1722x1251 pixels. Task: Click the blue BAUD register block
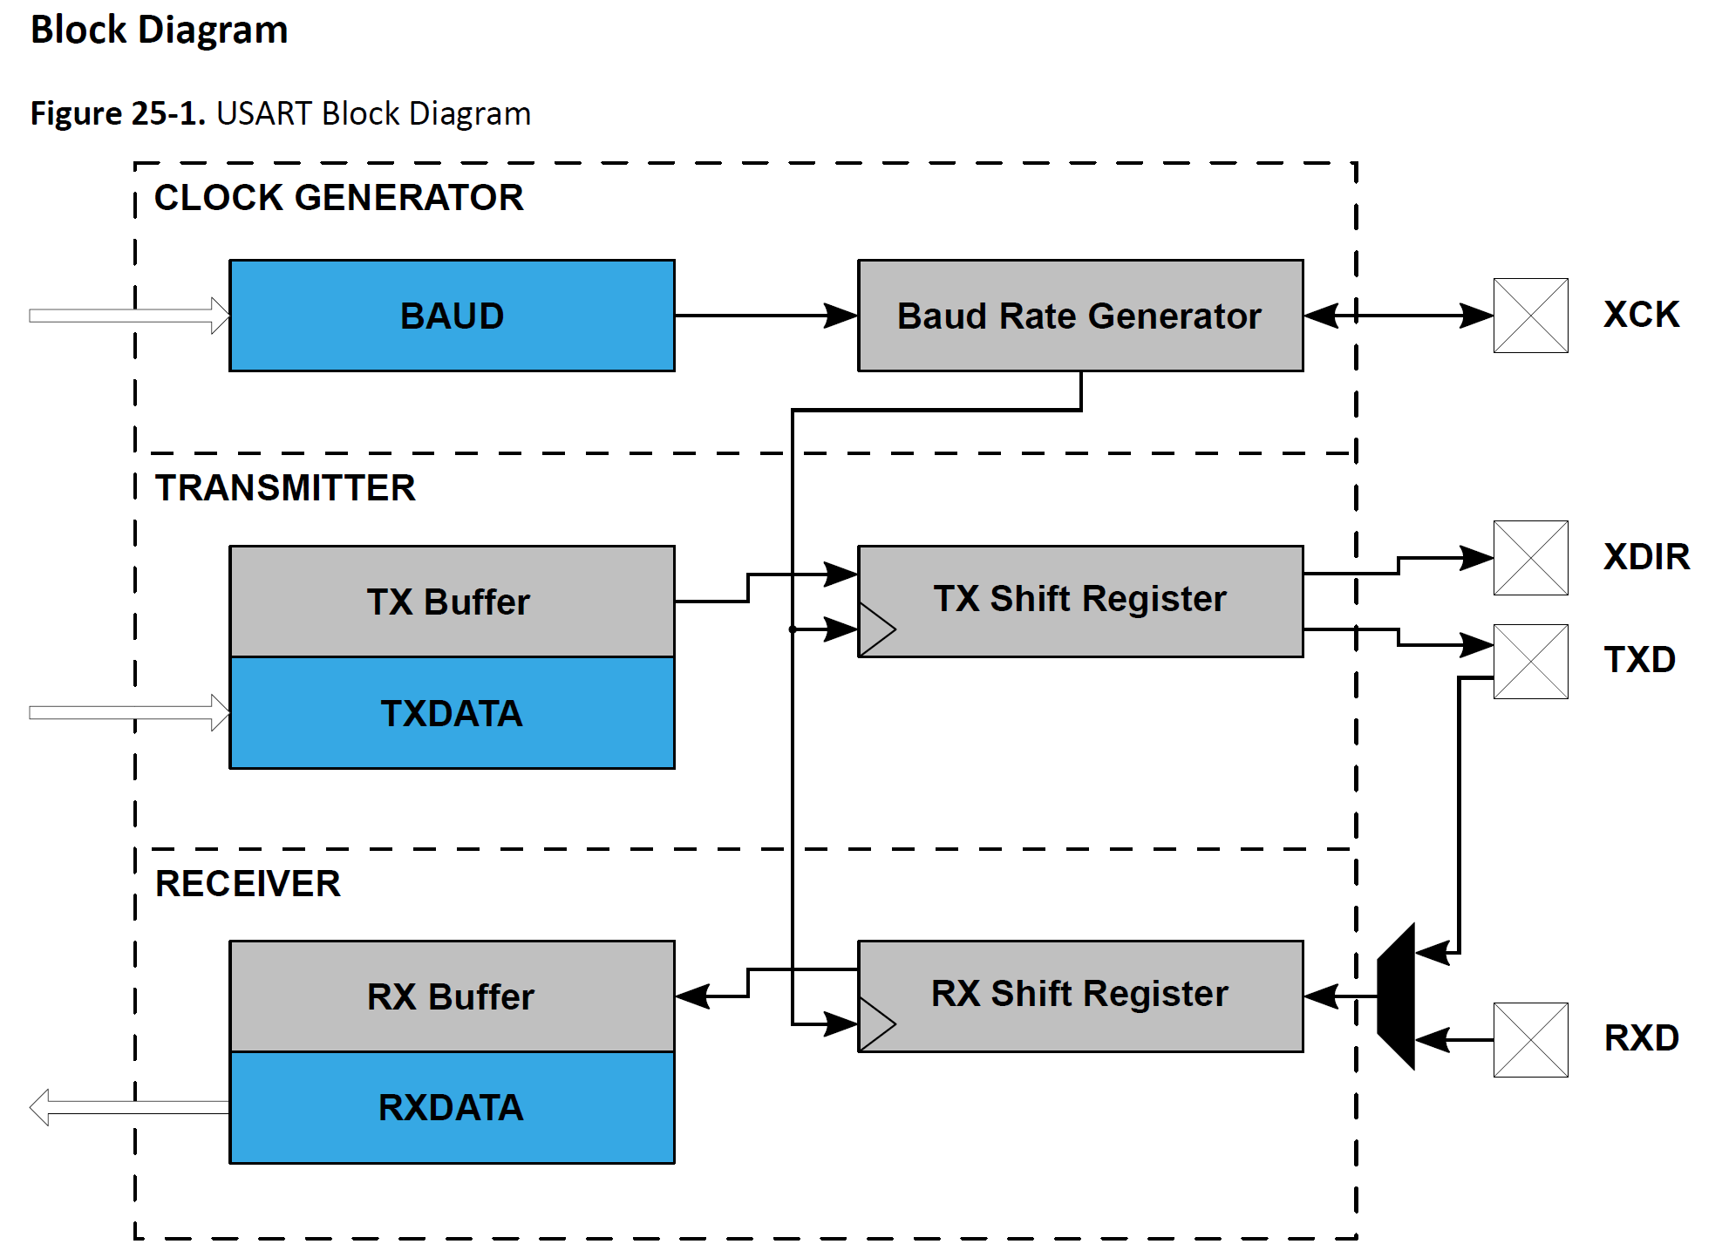(452, 316)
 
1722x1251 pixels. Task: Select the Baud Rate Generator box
(1079, 316)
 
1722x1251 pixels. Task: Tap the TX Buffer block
(452, 602)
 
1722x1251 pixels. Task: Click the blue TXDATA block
(452, 713)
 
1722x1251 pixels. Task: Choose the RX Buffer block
(452, 996)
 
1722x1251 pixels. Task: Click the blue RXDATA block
(452, 1107)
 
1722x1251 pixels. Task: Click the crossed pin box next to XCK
(1530, 316)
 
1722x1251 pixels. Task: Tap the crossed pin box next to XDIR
(1530, 558)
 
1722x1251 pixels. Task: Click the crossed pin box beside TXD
(1530, 661)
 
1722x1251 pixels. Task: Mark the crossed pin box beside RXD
(1530, 1039)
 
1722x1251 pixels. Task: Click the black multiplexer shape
(1397, 996)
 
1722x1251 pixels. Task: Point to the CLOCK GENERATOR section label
(338, 198)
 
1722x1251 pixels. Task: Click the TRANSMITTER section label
(285, 488)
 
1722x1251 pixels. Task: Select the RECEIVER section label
(248, 883)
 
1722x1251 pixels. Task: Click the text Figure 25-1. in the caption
(118, 114)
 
